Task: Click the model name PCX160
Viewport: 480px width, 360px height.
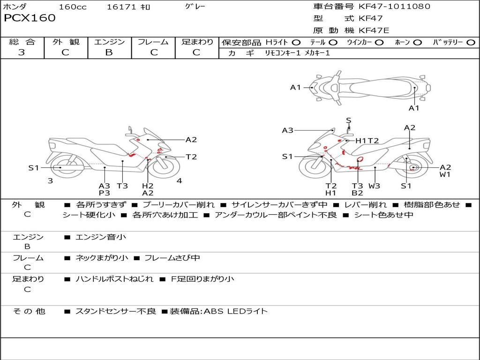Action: (30, 18)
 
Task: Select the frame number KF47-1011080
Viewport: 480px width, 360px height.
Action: (394, 7)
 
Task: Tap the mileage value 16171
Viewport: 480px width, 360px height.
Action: (121, 7)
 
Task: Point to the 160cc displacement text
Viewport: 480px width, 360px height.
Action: (73, 7)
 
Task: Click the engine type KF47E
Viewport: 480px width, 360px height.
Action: (374, 31)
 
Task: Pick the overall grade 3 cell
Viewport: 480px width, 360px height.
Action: (22, 52)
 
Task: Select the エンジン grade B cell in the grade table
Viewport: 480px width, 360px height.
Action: (109, 52)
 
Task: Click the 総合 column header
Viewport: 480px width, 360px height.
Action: (22, 42)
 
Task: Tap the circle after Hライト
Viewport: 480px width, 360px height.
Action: (296, 43)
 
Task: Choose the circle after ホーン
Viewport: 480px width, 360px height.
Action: (417, 43)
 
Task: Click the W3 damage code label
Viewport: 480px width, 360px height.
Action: (374, 186)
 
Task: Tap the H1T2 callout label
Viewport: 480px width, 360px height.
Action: (367, 141)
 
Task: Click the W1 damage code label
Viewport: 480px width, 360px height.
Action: (445, 175)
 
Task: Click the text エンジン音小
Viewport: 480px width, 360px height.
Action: (101, 237)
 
